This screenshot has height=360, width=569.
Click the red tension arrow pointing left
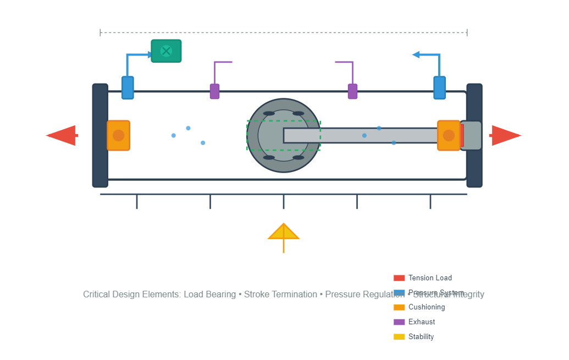click(62, 135)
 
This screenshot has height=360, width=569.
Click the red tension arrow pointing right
click(505, 135)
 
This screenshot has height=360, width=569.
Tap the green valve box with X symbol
click(166, 51)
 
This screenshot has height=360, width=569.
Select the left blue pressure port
click(128, 88)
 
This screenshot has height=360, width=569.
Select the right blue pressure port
click(439, 88)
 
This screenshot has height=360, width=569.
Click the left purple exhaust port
click(214, 91)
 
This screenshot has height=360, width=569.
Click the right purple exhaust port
click(352, 91)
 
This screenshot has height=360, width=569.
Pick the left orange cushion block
click(118, 135)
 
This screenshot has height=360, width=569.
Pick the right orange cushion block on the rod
click(449, 135)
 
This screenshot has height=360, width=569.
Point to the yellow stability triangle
click(283, 232)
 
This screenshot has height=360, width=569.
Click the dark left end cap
click(100, 135)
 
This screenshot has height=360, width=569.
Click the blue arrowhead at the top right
click(417, 54)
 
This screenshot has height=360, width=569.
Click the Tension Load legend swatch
click(399, 278)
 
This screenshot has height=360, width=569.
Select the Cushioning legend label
click(427, 307)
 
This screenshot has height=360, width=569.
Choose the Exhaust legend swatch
click(399, 322)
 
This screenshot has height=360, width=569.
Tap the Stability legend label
click(421, 337)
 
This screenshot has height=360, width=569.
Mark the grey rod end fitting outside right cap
click(472, 135)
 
